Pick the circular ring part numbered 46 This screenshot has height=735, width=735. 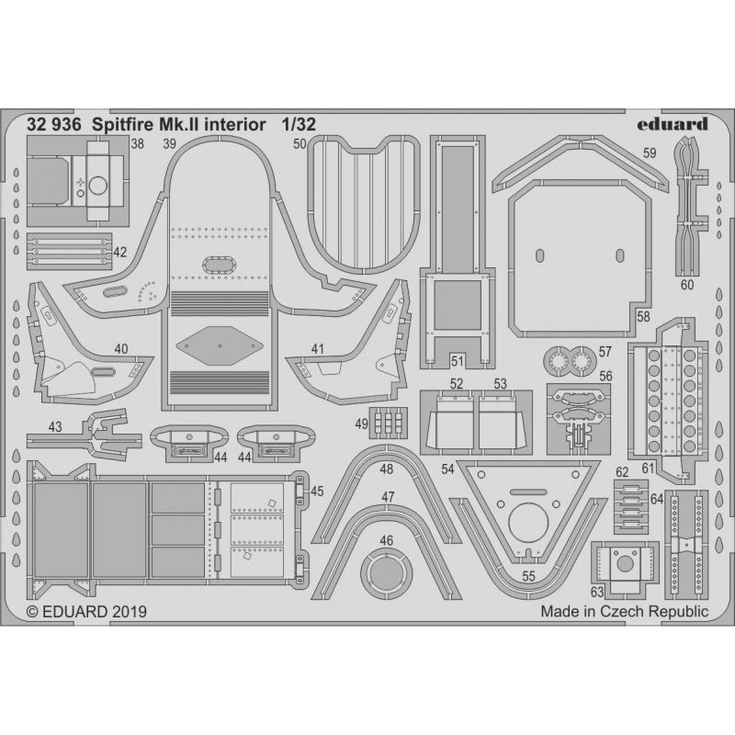pyautogui.click(x=386, y=574)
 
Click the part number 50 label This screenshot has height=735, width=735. pyautogui.click(x=299, y=144)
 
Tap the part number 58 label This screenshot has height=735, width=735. pyautogui.click(x=643, y=316)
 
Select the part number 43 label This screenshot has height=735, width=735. pyautogui.click(x=55, y=425)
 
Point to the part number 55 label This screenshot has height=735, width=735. pyautogui.click(x=528, y=576)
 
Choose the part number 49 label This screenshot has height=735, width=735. pyautogui.click(x=360, y=423)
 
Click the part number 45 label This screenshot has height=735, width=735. pyautogui.click(x=317, y=491)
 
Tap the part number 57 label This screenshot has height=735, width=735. pyautogui.click(x=605, y=351)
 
